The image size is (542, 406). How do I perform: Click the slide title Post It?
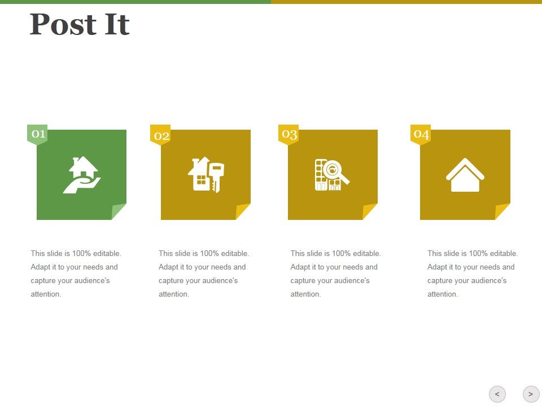coord(80,25)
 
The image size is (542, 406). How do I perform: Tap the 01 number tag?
coord(38,134)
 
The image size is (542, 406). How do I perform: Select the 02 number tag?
coord(161,135)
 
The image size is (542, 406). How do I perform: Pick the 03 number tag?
coord(289,134)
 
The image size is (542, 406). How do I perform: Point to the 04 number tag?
coord(421,134)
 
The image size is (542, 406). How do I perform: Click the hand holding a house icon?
coord(82,175)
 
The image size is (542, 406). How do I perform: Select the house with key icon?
coord(206,175)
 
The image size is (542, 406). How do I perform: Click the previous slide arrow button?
coord(497,394)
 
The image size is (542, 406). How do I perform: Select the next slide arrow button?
coord(531,394)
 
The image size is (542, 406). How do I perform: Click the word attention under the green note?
coord(46,294)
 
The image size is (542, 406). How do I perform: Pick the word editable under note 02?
coord(234,254)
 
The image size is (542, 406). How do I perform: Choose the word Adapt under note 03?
coord(300,267)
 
